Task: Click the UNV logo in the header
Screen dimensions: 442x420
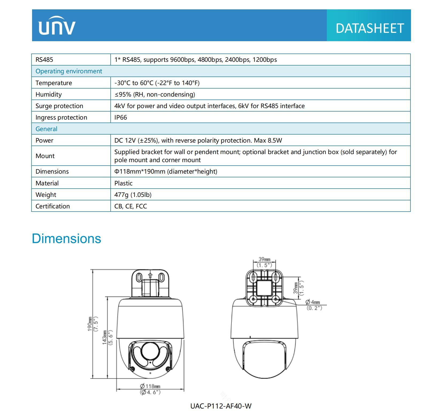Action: (57, 26)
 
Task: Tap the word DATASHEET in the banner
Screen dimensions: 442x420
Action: (370, 28)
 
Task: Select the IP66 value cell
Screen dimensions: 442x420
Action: (121, 117)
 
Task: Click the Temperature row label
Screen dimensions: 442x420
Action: (54, 83)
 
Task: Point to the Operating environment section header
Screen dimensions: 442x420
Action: (69, 71)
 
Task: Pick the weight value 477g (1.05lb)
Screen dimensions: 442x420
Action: (133, 195)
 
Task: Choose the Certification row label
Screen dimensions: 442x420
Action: (53, 206)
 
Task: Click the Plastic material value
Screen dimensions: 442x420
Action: (123, 183)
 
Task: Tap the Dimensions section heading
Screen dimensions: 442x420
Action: (67, 238)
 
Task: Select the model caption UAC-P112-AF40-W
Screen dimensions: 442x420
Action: (221, 406)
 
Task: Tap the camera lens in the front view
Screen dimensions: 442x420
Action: (150, 351)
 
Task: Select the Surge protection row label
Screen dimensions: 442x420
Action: (59, 106)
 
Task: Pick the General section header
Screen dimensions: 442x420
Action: (46, 129)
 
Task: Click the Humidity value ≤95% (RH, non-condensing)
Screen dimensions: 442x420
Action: (155, 94)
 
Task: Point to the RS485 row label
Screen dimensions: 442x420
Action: (44, 60)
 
